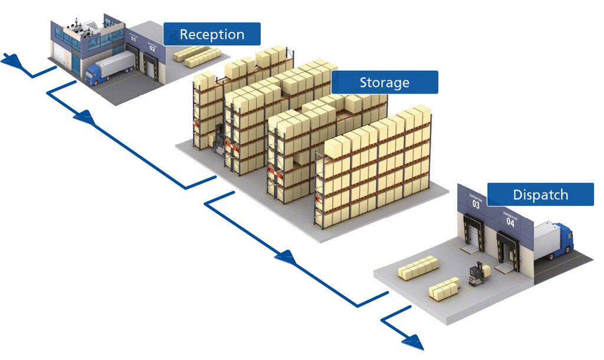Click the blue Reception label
point(212,34)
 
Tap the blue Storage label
point(385,83)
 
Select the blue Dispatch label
point(540,195)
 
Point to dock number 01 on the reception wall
point(133,40)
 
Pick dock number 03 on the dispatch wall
point(476,204)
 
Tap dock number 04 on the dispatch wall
point(510,222)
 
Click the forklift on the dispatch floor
point(477,274)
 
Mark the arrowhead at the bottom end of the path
point(413,341)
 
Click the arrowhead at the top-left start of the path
point(10,60)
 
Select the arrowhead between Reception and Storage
point(84,117)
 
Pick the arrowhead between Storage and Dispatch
point(284,256)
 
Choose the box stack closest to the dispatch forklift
point(445,287)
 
